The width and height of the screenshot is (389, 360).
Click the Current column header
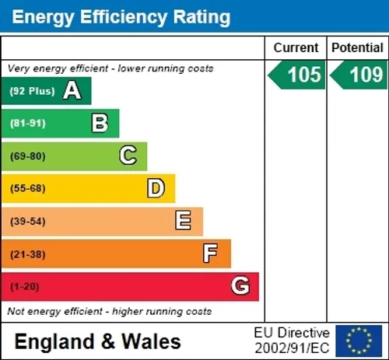point(296,47)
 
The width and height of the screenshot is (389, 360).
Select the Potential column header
point(357,47)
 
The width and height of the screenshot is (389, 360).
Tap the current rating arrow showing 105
point(296,75)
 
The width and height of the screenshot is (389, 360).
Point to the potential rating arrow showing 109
point(359,75)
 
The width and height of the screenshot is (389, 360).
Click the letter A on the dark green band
point(72,90)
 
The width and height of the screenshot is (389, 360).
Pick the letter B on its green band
point(100,123)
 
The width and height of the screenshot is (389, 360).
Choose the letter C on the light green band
point(128,155)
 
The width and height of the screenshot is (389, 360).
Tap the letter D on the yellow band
point(156,188)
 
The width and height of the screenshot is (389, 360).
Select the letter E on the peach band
point(183,220)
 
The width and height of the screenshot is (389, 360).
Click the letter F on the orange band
point(210,253)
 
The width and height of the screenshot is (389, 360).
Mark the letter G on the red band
point(240,285)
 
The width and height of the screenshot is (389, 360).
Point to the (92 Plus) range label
point(32,91)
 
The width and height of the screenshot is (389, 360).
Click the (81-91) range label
point(28,123)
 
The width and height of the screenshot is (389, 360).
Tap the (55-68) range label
point(28,188)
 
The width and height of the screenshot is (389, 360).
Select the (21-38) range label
point(28,254)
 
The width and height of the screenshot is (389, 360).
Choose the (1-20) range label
point(25,287)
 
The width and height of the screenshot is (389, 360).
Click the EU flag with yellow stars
point(359,341)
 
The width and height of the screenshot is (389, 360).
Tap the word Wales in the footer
point(151,341)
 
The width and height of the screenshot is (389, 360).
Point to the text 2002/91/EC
point(292,348)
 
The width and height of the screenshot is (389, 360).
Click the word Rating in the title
point(202,17)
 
